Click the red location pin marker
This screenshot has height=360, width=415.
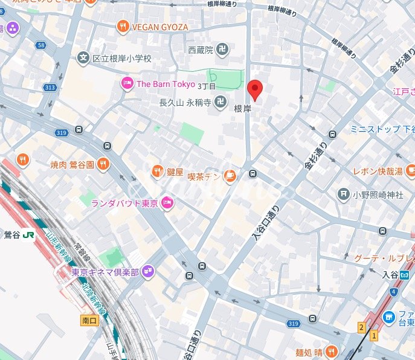click(256, 90)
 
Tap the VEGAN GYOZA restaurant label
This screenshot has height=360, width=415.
click(159, 27)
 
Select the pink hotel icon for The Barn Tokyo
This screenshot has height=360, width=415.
click(127, 84)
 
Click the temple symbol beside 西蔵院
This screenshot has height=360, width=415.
click(222, 50)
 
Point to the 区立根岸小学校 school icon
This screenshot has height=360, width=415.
click(83, 58)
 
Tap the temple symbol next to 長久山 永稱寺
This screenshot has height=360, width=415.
click(222, 103)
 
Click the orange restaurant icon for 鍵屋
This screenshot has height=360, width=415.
click(157, 171)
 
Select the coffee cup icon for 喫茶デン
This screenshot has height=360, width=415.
click(230, 176)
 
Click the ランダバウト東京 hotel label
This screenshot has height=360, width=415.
click(124, 204)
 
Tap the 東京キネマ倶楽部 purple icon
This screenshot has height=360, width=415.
click(149, 272)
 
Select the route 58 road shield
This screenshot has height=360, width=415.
click(40, 45)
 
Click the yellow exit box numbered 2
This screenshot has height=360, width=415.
click(361, 327)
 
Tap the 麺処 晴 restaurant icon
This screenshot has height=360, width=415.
click(331, 352)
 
